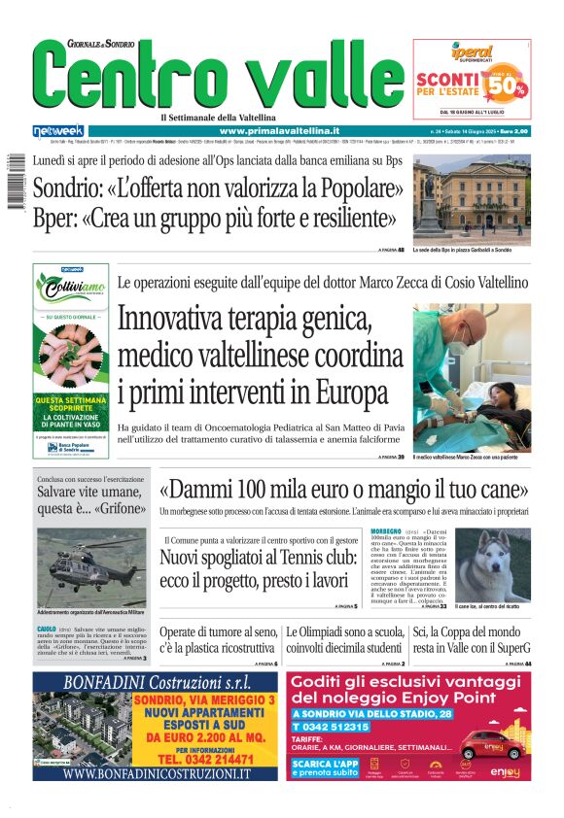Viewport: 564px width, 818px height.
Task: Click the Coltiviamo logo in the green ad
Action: coord(70,289)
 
